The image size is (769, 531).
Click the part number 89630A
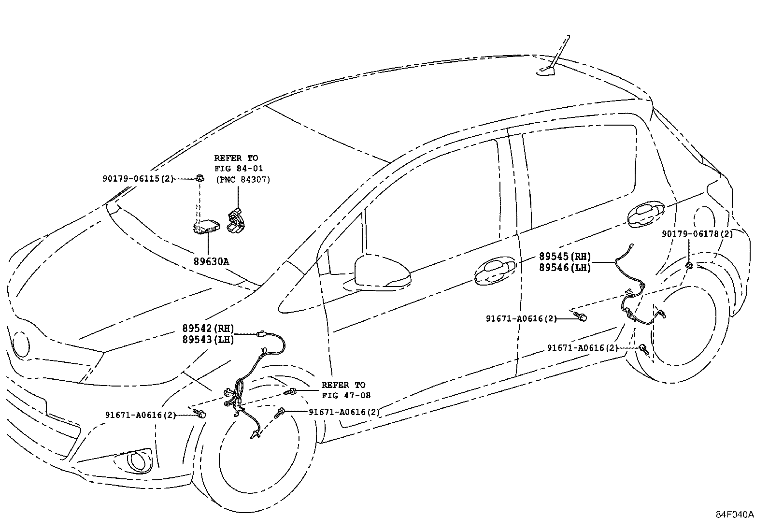click(211, 262)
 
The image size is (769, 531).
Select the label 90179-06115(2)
click(138, 179)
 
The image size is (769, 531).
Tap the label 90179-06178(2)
click(697, 234)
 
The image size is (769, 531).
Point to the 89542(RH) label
click(208, 329)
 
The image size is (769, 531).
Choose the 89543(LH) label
click(208, 340)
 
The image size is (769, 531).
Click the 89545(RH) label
click(565, 257)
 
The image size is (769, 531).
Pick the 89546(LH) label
click(565, 268)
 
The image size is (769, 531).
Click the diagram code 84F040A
click(735, 515)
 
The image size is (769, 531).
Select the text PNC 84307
click(243, 179)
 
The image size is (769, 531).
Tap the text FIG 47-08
click(346, 395)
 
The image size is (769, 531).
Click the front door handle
click(495, 271)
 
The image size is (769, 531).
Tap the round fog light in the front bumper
click(138, 461)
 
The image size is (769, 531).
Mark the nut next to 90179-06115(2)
click(199, 178)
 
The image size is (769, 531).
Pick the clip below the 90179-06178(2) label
click(689, 265)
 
